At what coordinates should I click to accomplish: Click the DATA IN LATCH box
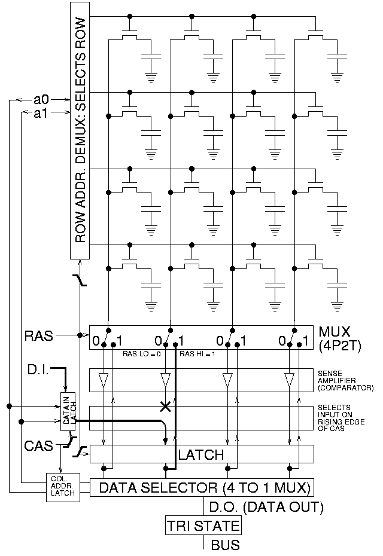68,412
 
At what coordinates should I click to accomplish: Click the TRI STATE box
203,526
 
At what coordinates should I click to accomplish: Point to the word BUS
226,545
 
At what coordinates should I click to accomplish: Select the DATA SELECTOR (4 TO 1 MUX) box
202,488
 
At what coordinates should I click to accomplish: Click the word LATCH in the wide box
202,455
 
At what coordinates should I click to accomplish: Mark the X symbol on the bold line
165,407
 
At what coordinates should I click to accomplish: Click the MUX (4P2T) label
338,337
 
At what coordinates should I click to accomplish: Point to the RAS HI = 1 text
197,354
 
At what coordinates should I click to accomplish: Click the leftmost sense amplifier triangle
105,380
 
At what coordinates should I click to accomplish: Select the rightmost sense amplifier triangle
290,380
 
